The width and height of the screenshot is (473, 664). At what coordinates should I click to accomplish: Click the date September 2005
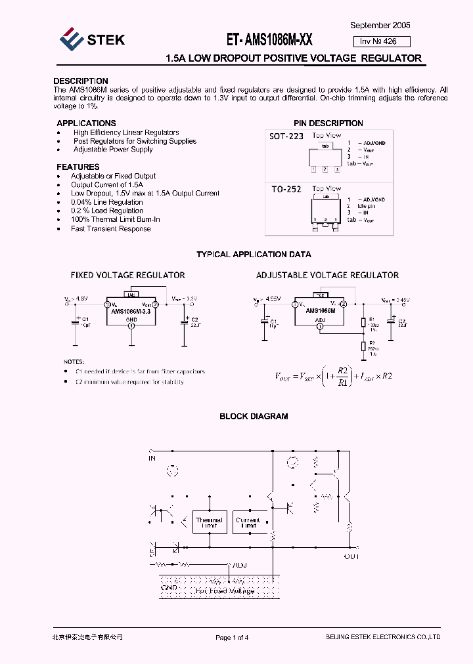click(380, 25)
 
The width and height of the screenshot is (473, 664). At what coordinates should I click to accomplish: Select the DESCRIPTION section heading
click(81, 81)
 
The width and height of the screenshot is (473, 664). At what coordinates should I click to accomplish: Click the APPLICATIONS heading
click(86, 123)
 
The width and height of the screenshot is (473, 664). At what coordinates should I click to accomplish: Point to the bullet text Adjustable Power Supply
click(113, 150)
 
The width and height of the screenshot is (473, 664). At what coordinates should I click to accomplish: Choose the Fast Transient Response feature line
click(111, 229)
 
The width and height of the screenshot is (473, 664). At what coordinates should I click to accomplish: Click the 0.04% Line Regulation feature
click(107, 203)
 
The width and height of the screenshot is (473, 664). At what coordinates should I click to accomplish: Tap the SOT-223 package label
click(286, 136)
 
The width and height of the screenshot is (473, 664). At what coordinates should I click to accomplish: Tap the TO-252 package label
click(286, 190)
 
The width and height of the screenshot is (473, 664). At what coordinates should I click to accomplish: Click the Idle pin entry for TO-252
click(367, 205)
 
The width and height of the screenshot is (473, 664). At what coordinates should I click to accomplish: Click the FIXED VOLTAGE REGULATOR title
click(127, 276)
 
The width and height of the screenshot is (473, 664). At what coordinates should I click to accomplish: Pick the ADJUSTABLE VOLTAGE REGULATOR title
click(327, 276)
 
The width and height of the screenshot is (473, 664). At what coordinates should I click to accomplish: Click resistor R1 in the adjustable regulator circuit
click(363, 322)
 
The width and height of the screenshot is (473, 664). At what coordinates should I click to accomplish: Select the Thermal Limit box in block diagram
click(210, 523)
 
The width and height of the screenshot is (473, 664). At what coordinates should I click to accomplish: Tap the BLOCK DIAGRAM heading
click(254, 417)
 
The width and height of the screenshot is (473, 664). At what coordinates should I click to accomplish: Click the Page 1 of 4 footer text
click(232, 638)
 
